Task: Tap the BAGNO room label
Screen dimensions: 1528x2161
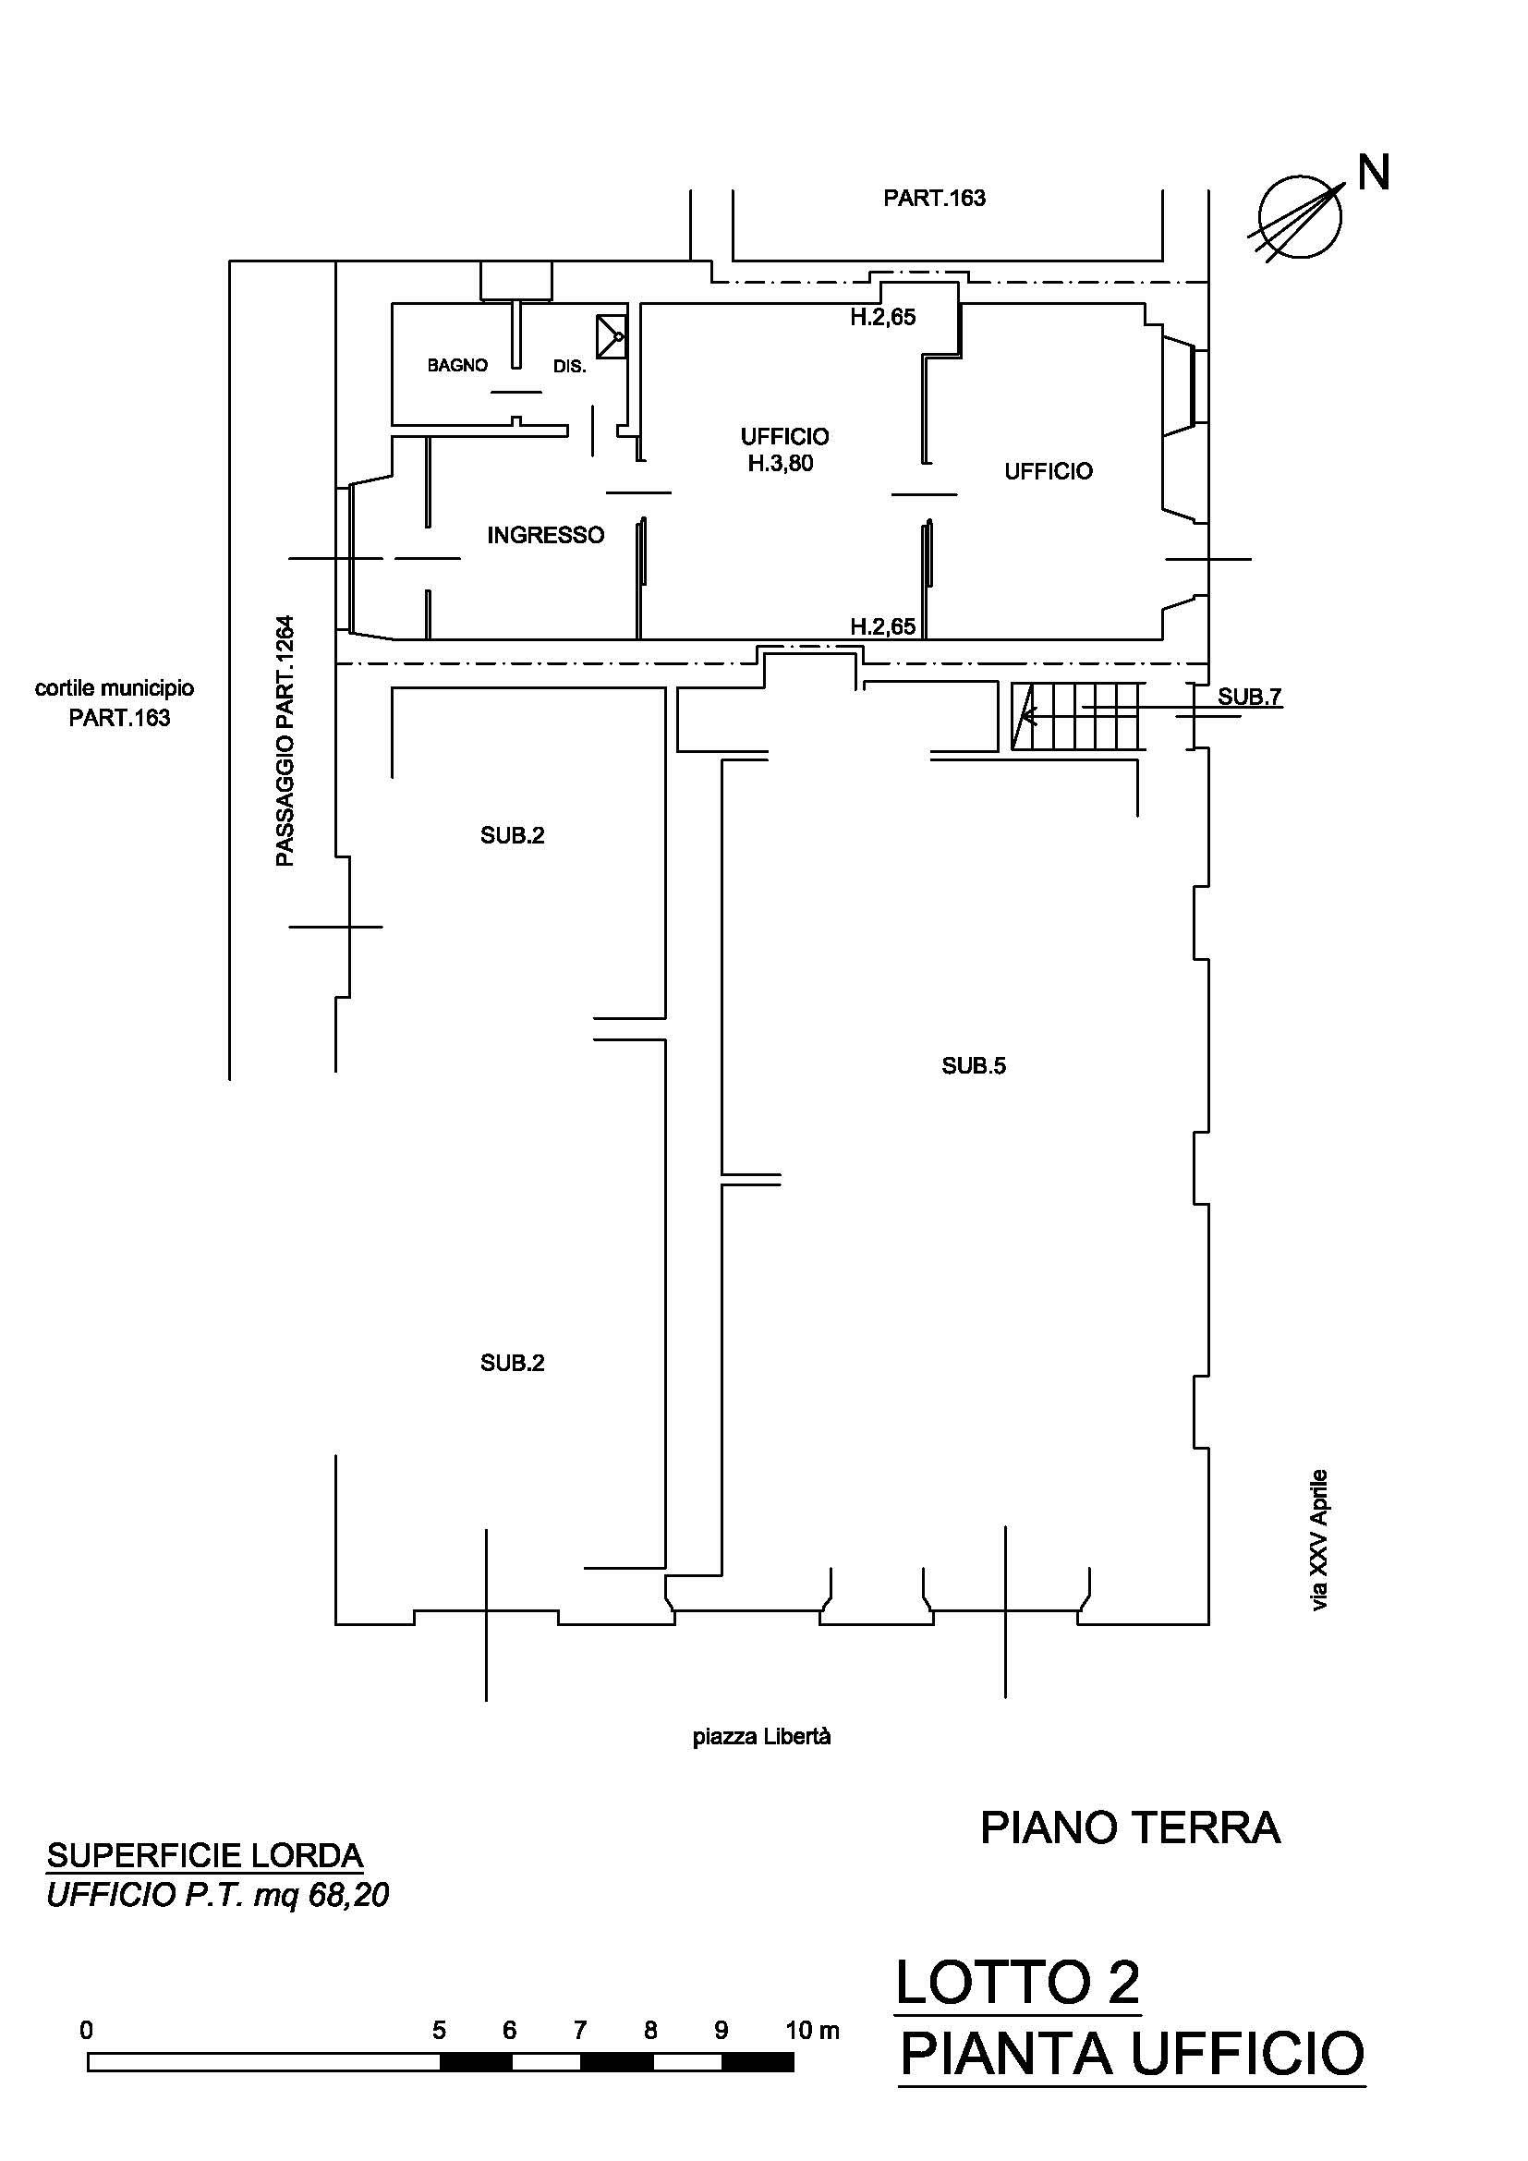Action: pos(457,365)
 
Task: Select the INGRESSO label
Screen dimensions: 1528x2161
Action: pos(546,536)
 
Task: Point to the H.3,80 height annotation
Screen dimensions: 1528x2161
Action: pos(781,463)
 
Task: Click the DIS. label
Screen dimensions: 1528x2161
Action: pos(569,366)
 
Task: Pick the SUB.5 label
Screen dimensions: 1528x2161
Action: pos(974,1065)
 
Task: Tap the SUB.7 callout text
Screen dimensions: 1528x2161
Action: pos(1250,697)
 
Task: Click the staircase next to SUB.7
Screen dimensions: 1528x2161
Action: pos(1079,716)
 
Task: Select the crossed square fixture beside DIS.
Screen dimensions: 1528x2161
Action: pos(612,336)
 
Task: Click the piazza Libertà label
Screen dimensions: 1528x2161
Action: pos(762,1737)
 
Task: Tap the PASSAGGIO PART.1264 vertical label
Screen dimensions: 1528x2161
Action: pos(285,741)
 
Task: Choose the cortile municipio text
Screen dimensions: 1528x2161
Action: pos(115,688)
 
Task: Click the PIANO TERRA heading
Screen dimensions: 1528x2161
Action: pos(1130,1827)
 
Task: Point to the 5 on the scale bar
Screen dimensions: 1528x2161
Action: pos(440,2030)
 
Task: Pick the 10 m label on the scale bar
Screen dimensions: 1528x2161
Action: pos(812,2030)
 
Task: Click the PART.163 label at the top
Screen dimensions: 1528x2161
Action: pos(934,198)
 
